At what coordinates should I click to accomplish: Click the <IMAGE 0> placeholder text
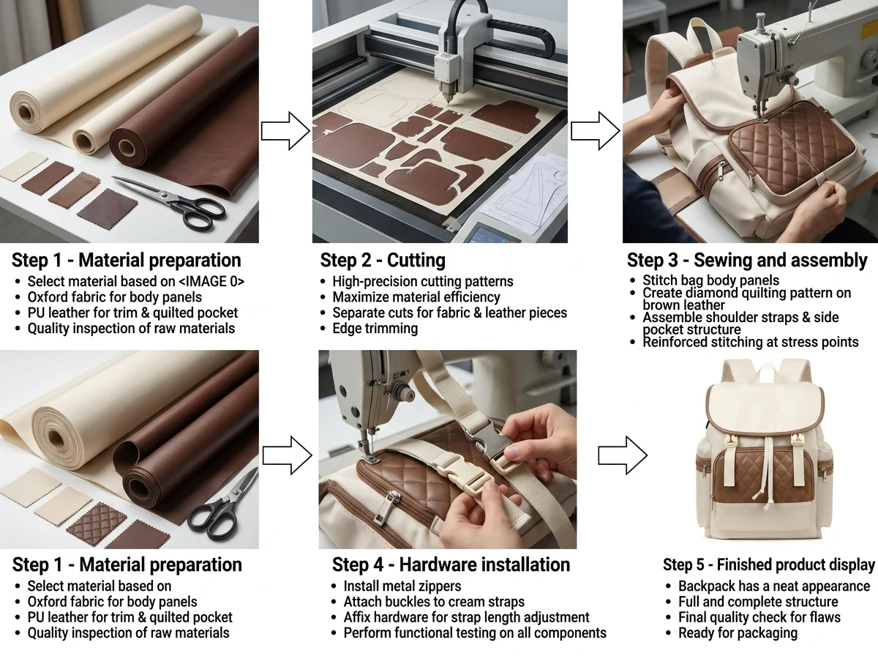pos(211,281)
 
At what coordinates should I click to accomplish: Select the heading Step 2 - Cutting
pos(383,260)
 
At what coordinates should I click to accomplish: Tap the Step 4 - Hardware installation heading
pos(451,564)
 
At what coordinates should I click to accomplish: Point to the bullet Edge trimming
pos(375,328)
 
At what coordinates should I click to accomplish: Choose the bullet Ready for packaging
pos(738,633)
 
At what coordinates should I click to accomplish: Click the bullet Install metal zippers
pos(402,586)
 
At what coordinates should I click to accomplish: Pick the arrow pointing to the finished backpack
pos(623,455)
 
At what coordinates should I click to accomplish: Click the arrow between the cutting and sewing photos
pos(595,131)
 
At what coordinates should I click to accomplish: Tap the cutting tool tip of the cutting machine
pos(448,102)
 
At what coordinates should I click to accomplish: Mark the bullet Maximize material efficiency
pos(416,297)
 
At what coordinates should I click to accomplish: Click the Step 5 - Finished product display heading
pos(769,564)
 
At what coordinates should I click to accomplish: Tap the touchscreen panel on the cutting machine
pos(490,235)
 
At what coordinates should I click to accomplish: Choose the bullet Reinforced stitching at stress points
pos(751,342)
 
